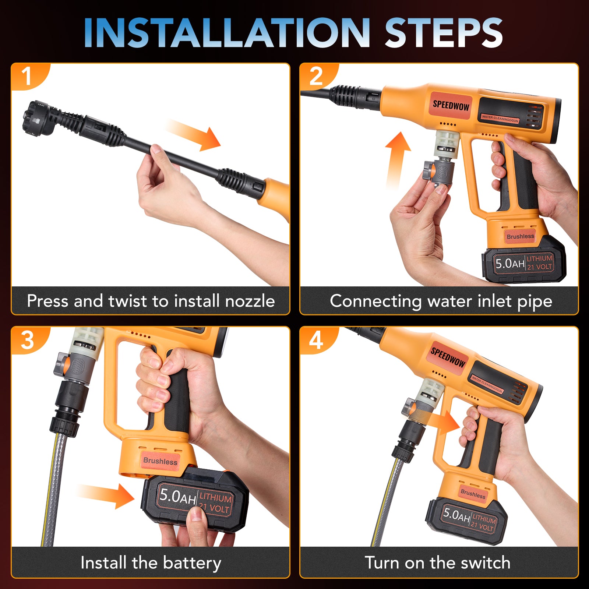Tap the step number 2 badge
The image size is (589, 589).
[316, 76]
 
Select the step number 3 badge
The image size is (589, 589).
[27, 340]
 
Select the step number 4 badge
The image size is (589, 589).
[316, 340]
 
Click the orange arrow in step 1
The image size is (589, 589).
[193, 134]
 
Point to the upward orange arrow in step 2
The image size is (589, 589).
[397, 160]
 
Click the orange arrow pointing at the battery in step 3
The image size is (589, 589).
[107, 495]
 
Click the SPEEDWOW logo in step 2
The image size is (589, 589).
[451, 105]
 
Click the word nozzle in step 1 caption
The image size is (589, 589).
[250, 301]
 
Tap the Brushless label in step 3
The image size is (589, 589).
[160, 461]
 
